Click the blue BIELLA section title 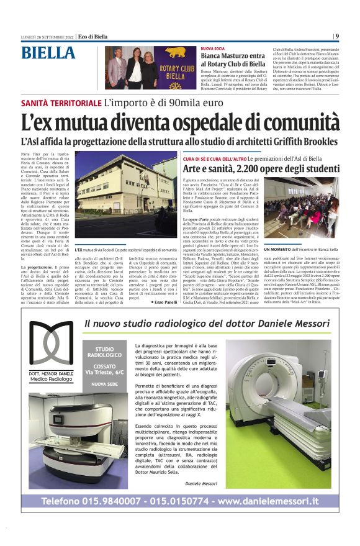click(x=48, y=53)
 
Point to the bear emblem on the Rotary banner click(x=173, y=54)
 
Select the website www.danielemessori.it click(x=269, y=501)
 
